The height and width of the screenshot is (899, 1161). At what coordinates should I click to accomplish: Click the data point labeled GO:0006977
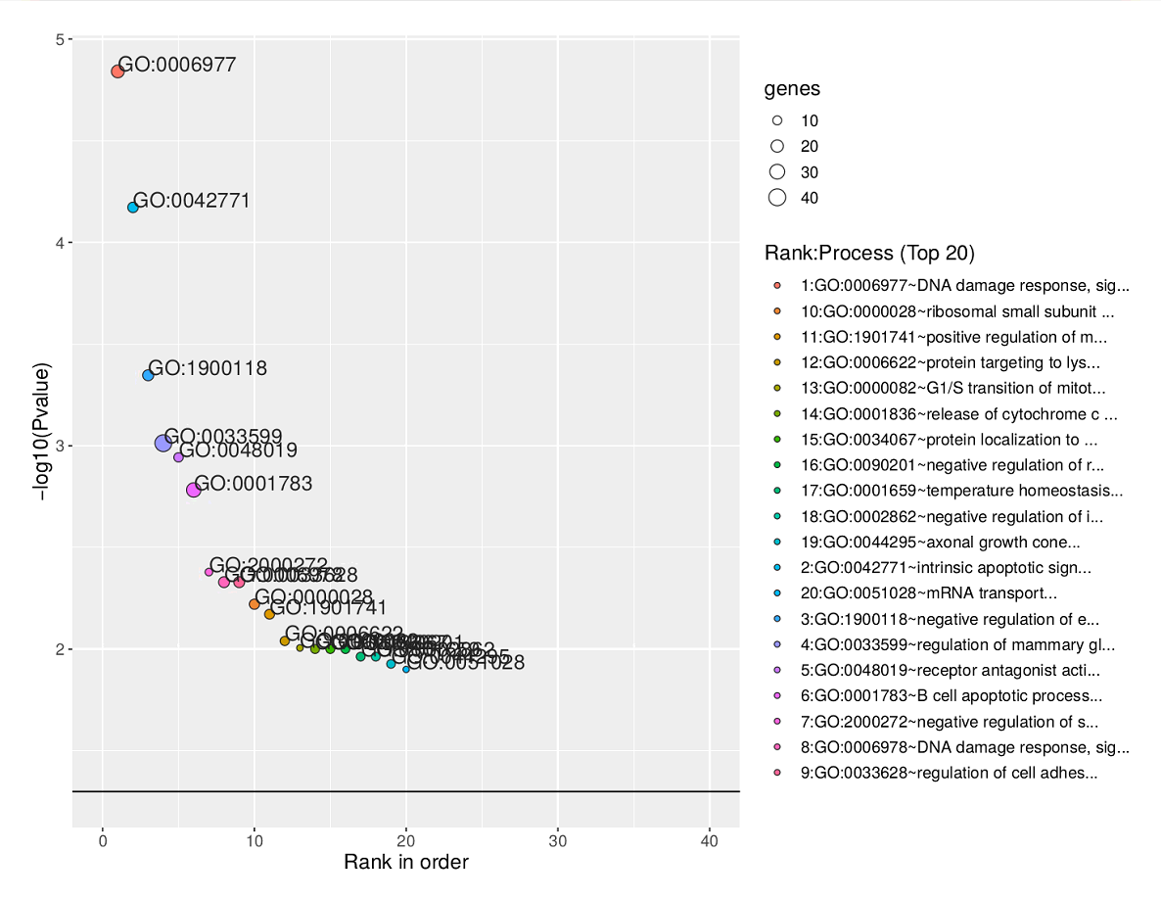117,71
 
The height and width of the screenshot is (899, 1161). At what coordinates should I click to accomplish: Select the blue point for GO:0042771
133,208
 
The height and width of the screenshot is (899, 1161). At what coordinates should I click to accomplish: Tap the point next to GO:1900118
148,375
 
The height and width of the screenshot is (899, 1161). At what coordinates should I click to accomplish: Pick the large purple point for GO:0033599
163,444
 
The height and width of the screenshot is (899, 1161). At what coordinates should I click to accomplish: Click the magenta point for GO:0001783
194,490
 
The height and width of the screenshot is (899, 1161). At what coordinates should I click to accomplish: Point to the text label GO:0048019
238,451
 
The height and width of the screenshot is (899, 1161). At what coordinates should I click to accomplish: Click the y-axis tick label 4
60,243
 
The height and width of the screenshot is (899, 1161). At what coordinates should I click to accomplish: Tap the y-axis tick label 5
60,40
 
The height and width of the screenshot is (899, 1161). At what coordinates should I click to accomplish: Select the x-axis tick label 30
558,840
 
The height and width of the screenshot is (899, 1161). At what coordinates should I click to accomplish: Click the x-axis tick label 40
710,840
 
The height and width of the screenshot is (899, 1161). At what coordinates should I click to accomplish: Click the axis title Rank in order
405,863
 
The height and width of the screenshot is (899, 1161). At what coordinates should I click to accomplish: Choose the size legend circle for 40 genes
777,198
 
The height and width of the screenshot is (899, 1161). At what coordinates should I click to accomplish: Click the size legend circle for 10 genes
777,120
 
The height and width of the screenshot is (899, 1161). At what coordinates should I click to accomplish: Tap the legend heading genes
792,89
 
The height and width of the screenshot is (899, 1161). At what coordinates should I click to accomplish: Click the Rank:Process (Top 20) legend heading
869,253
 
